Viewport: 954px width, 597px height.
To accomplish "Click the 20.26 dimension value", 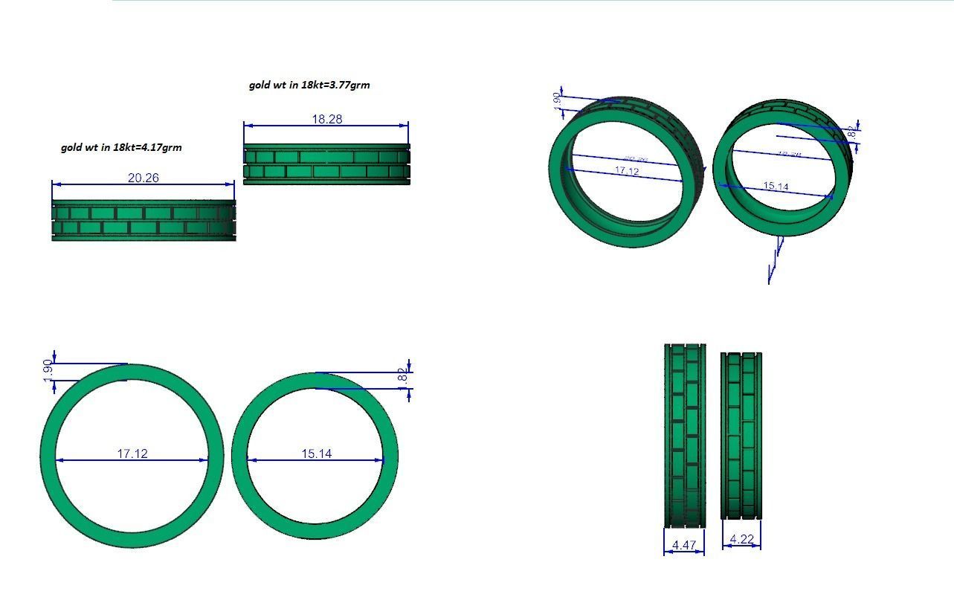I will click(143, 178).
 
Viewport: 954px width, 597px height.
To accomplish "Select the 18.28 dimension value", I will click(326, 119).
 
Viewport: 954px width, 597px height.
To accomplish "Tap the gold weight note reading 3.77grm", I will click(309, 85).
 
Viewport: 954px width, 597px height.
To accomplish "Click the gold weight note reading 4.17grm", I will click(121, 147).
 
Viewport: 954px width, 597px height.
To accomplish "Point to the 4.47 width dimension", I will click(683, 545).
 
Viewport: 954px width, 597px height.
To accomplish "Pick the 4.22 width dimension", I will click(742, 539).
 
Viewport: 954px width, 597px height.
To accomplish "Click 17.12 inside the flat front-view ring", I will click(132, 454).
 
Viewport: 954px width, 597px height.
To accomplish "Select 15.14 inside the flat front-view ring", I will click(317, 454).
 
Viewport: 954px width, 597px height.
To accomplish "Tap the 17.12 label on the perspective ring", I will click(626, 171).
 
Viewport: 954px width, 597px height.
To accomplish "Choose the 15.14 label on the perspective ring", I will click(776, 186).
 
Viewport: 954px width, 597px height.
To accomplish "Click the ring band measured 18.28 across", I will click(326, 164).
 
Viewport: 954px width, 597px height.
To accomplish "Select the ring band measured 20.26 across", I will click(144, 220).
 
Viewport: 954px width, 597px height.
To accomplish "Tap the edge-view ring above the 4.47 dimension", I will click(684, 435).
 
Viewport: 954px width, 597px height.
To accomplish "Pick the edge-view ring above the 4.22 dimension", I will click(741, 436).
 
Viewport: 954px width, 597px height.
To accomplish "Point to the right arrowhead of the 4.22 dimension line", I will click(758, 546).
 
